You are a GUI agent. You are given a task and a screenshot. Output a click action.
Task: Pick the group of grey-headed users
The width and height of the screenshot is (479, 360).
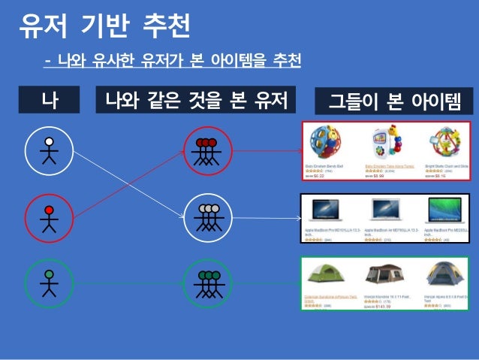pos(206,217)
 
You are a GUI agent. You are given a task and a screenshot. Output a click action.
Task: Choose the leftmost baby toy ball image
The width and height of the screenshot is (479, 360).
pos(324,143)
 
